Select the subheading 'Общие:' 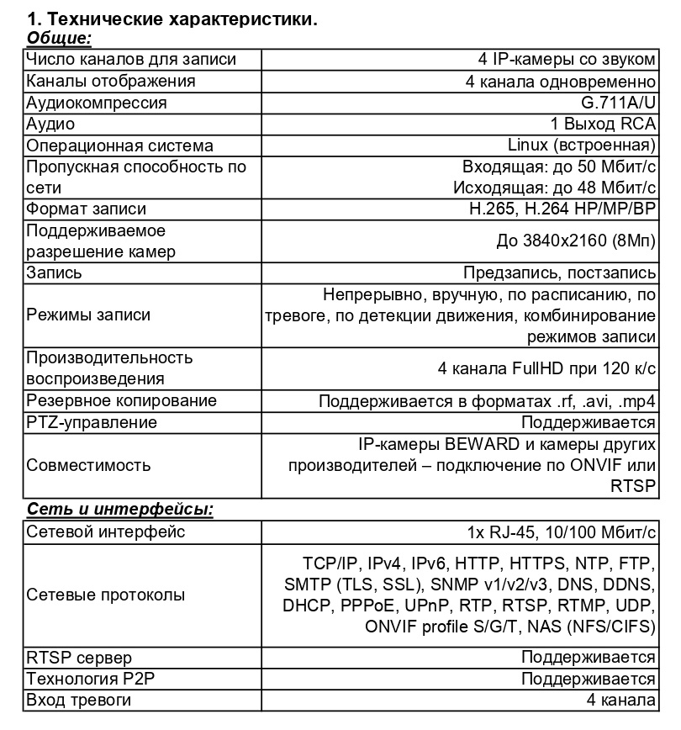point(59,38)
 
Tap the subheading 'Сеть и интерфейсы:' point(120,510)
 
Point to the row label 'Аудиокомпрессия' point(97,103)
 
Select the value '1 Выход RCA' point(603,124)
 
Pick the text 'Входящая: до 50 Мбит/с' point(559,166)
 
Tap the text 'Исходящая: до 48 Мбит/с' point(554,186)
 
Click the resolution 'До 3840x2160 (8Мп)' point(576,241)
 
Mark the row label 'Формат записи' point(86,209)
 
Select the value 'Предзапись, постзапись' point(559,272)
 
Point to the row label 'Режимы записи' point(88,315)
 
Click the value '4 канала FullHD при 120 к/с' point(546,368)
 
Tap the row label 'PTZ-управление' point(92,422)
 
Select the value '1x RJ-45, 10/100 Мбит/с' point(562,532)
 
